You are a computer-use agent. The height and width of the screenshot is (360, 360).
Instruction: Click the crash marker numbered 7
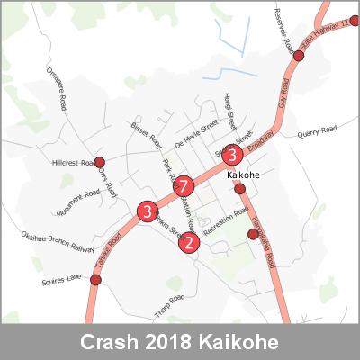[184, 187]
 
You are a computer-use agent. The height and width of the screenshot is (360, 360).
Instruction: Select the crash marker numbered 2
[189, 241]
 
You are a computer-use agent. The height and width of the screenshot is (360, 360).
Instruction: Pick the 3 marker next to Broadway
[234, 154]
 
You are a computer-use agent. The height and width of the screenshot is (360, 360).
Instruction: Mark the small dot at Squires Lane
[96, 279]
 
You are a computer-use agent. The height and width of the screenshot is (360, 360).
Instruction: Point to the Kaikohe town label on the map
[245, 173]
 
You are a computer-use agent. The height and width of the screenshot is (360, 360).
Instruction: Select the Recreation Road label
[225, 224]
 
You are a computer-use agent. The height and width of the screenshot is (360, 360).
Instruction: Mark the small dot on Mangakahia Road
[253, 234]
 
